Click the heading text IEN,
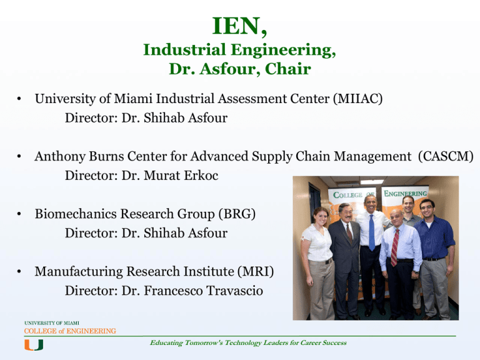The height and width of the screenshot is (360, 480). (x=239, y=26)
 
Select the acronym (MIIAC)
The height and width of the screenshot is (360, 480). (x=358, y=99)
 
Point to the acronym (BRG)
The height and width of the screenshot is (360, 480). (x=237, y=214)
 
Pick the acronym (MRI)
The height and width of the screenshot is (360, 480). (x=256, y=271)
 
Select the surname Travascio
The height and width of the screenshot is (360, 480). (x=234, y=291)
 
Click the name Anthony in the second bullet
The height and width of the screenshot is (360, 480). (x=60, y=157)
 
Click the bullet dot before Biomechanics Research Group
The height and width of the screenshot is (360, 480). (x=19, y=214)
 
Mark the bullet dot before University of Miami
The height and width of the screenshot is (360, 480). (x=19, y=99)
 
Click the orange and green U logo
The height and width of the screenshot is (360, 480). (x=34, y=345)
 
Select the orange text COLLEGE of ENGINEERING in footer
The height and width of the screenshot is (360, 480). (x=70, y=331)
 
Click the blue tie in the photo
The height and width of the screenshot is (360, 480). (x=372, y=232)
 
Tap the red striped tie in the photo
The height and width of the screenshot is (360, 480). (x=394, y=247)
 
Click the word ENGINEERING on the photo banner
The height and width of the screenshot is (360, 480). (x=405, y=194)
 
